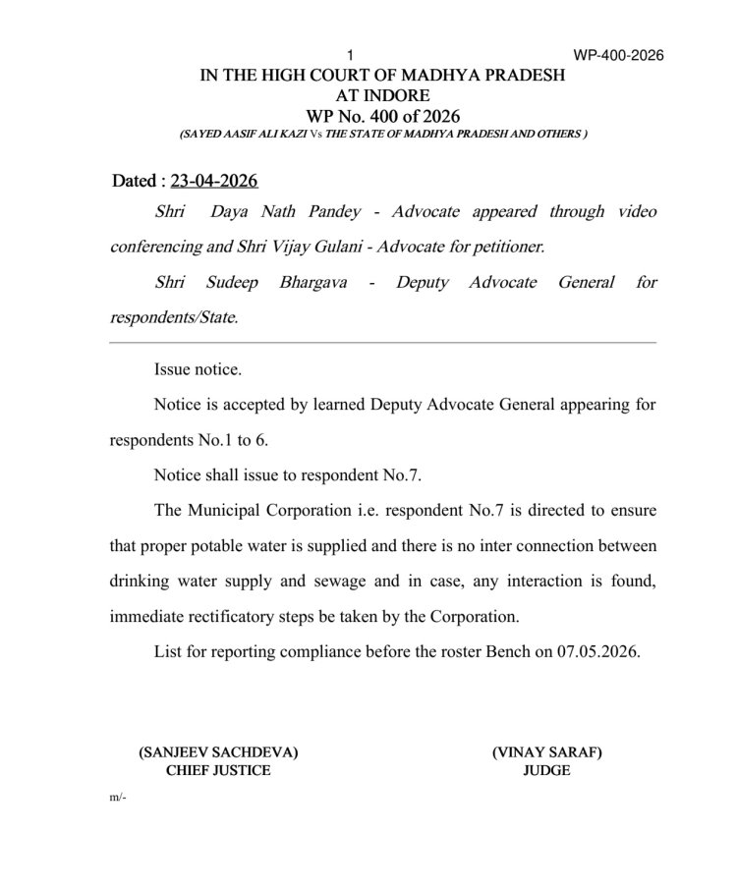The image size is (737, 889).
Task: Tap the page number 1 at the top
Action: tap(351, 55)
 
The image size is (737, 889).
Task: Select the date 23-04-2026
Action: tap(214, 181)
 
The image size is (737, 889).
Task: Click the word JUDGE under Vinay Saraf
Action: tap(546, 771)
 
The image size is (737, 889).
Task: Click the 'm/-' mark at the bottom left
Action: tap(119, 798)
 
